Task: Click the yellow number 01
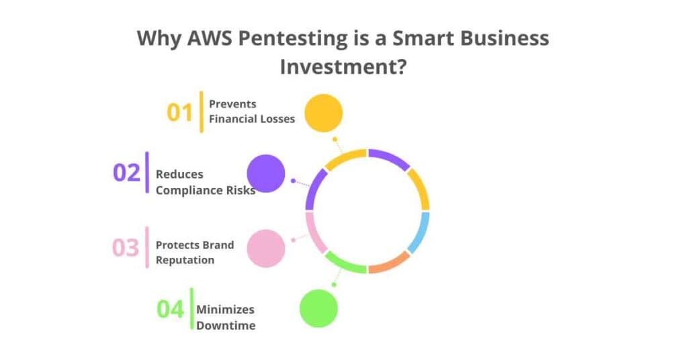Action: (x=179, y=112)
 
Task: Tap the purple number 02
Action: (x=126, y=173)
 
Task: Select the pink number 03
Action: (x=125, y=248)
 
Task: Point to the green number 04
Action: (x=170, y=310)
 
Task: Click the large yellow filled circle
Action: (x=323, y=113)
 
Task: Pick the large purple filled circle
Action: (x=266, y=173)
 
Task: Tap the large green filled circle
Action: (x=318, y=309)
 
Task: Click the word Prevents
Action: (x=232, y=104)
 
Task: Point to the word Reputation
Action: (x=185, y=260)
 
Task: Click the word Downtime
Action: (x=226, y=326)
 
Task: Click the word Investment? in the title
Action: (x=343, y=68)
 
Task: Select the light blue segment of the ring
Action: (x=419, y=232)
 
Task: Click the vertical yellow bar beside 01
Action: (x=201, y=111)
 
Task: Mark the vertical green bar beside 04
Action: (x=191, y=310)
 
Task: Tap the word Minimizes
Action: (x=225, y=310)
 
